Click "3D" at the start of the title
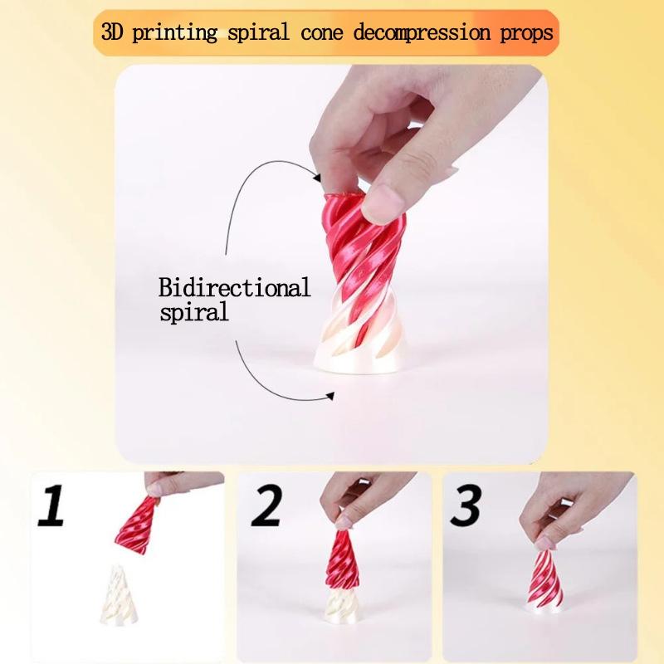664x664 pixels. (x=111, y=34)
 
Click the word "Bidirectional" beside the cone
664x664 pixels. (x=235, y=290)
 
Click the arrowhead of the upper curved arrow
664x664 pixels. (x=316, y=175)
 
